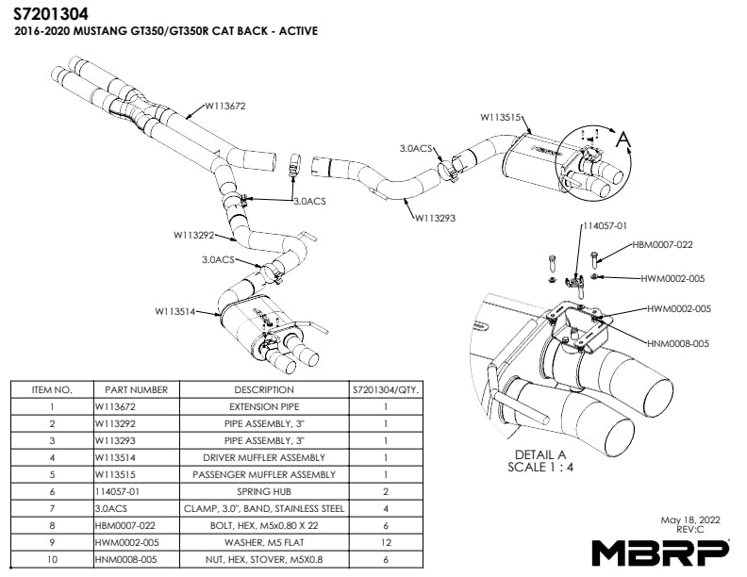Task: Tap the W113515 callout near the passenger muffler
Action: [x=501, y=118]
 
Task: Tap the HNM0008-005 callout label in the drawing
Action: [x=678, y=344]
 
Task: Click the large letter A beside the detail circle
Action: [x=622, y=140]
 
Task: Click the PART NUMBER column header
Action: [x=137, y=389]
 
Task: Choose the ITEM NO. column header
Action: [x=52, y=389]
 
